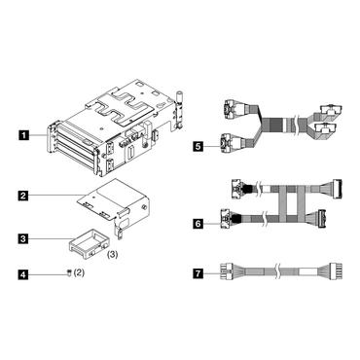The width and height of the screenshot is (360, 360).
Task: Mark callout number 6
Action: click(198, 224)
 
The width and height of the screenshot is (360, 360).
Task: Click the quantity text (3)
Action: click(112, 255)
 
